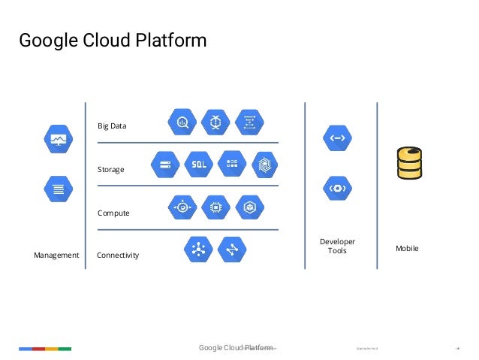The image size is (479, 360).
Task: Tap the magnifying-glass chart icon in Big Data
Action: click(182, 122)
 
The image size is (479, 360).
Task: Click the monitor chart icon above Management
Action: click(58, 139)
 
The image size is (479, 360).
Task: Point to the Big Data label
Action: click(112, 126)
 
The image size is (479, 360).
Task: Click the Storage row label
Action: click(110, 170)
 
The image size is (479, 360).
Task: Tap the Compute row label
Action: click(113, 213)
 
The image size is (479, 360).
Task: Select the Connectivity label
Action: click(118, 256)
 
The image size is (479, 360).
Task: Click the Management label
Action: click(56, 256)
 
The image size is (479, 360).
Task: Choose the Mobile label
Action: click(407, 248)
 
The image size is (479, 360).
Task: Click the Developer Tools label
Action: click(337, 246)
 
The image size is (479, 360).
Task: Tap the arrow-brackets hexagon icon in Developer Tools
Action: click(337, 138)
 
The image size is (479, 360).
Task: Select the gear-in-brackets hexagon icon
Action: click(337, 187)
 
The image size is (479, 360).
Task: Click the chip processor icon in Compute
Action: click(215, 207)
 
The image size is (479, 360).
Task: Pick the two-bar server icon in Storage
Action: click(166, 164)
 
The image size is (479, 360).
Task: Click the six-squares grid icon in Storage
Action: click(232, 164)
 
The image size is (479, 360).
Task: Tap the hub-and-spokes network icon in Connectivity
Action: click(198, 249)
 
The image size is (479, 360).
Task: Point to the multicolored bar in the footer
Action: click(45, 349)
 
